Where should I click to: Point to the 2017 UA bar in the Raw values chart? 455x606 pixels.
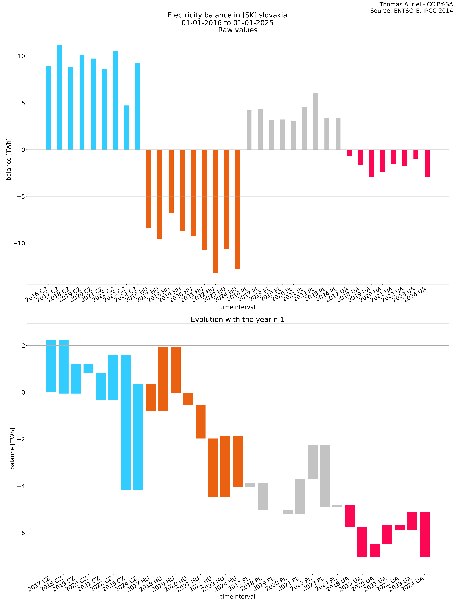tap(349, 153)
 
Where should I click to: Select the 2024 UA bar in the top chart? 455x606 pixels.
tap(427, 163)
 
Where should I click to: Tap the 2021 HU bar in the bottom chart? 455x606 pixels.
tap(200, 421)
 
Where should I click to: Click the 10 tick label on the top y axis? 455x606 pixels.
tap(21, 56)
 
